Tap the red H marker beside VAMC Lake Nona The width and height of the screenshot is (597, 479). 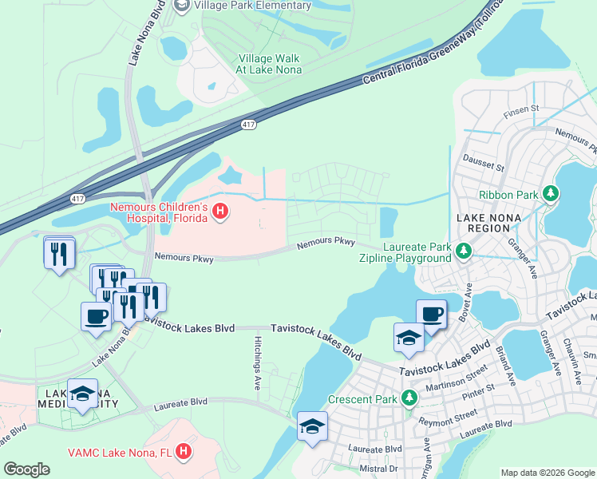click(x=184, y=451)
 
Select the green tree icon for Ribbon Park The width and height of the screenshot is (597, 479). click(x=550, y=193)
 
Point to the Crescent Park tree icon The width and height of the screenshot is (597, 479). click(x=409, y=397)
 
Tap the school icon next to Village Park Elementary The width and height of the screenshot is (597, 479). click(x=181, y=6)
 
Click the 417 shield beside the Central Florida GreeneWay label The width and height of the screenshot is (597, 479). click(x=249, y=125)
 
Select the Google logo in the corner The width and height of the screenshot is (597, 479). click(x=26, y=469)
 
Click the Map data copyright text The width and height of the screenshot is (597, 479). click(x=547, y=473)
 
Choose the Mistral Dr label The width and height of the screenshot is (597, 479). click(x=378, y=469)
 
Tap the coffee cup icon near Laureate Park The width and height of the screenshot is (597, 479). click(x=432, y=314)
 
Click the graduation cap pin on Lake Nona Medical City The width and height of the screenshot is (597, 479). click(x=83, y=394)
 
